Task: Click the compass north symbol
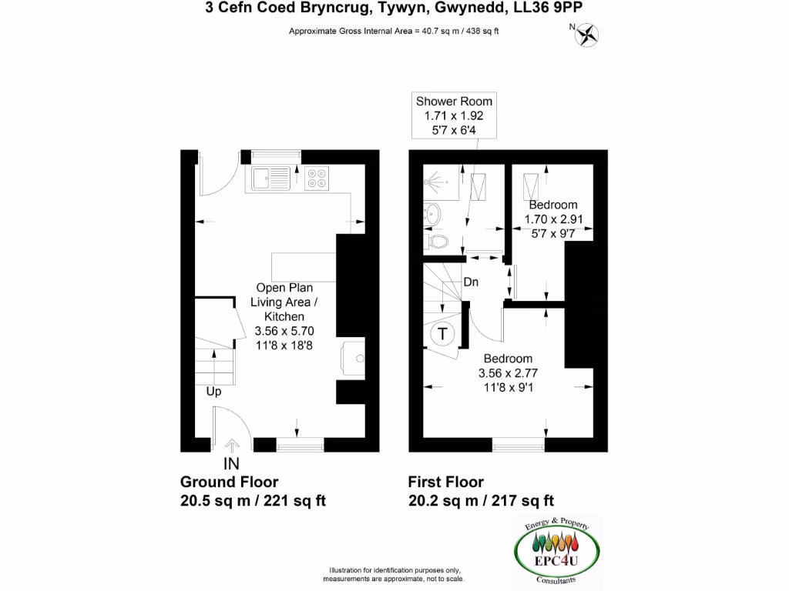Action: (x=589, y=34)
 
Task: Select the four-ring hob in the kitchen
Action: (x=316, y=178)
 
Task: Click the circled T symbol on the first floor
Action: (x=443, y=334)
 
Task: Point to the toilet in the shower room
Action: (x=438, y=241)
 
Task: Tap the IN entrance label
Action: (x=231, y=463)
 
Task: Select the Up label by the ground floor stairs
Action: (x=214, y=392)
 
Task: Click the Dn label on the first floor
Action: (x=471, y=282)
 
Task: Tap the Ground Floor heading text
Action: (x=229, y=482)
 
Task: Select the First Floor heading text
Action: (x=446, y=482)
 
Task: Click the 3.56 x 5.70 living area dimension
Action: (x=284, y=330)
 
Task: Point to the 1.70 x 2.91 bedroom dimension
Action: (x=552, y=219)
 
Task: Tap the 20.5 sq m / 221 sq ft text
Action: (x=253, y=501)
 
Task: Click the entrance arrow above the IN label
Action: (x=231, y=445)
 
